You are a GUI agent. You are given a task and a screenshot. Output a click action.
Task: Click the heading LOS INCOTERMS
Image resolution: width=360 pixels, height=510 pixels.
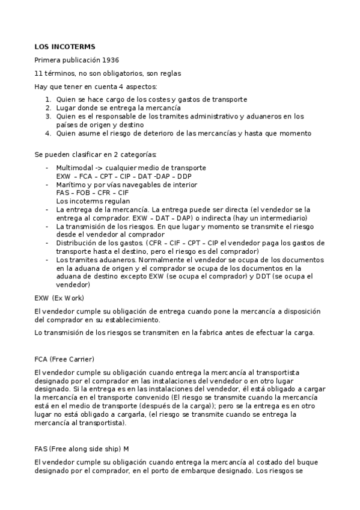coord(65,46)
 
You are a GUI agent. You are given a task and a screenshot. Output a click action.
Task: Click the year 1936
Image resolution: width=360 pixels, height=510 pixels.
coord(110,60)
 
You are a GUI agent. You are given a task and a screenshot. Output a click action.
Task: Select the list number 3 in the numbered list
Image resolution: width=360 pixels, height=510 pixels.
coord(49,116)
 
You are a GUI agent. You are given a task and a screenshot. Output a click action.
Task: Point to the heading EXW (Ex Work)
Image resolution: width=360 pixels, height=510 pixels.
coord(59,298)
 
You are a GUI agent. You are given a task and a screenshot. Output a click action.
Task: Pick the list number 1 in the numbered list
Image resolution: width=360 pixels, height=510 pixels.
coord(49,99)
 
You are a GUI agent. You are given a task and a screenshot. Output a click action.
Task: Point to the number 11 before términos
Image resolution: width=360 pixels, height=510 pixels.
coord(38,73)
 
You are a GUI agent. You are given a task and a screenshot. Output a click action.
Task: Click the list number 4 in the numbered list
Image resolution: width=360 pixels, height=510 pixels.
coord(49,133)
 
